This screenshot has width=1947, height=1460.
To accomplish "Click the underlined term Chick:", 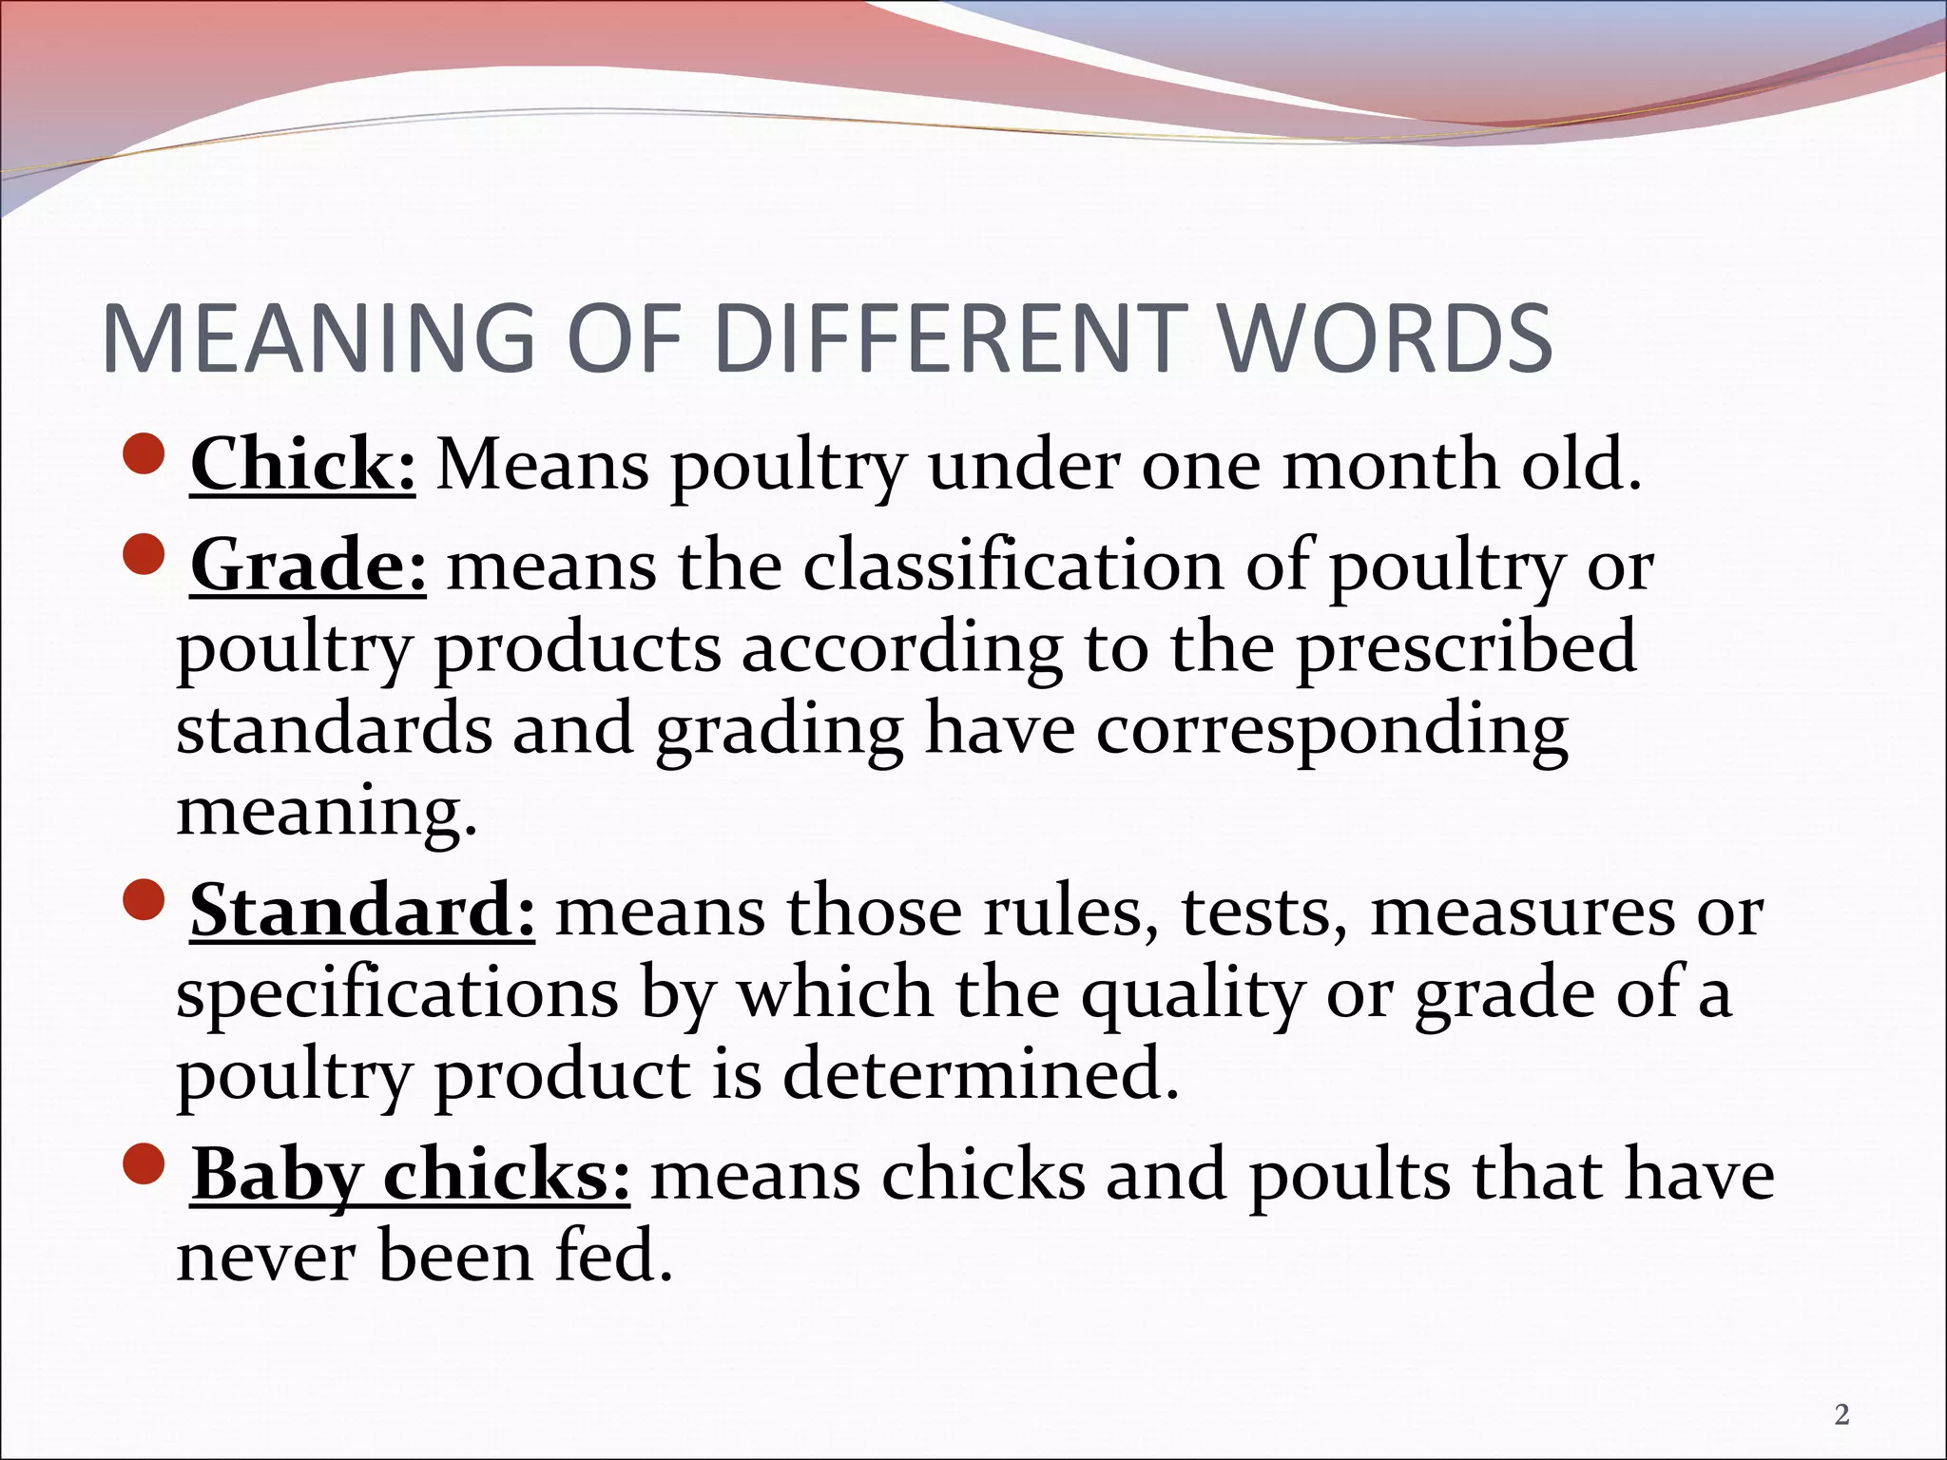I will point(302,465).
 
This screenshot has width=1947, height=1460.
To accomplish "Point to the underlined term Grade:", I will point(308,566).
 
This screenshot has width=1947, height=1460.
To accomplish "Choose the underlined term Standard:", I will point(362,911).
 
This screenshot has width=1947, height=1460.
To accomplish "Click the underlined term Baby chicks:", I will point(410,1175).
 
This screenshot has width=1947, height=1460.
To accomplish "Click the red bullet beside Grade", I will point(145,554).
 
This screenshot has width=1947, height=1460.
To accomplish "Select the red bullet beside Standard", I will point(145,899).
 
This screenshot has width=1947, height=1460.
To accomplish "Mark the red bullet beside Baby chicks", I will point(145,1163).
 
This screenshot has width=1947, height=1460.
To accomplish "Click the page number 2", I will point(1841,1415).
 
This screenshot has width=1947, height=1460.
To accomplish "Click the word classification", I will point(1013,566).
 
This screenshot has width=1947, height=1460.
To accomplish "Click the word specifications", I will point(397,993).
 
